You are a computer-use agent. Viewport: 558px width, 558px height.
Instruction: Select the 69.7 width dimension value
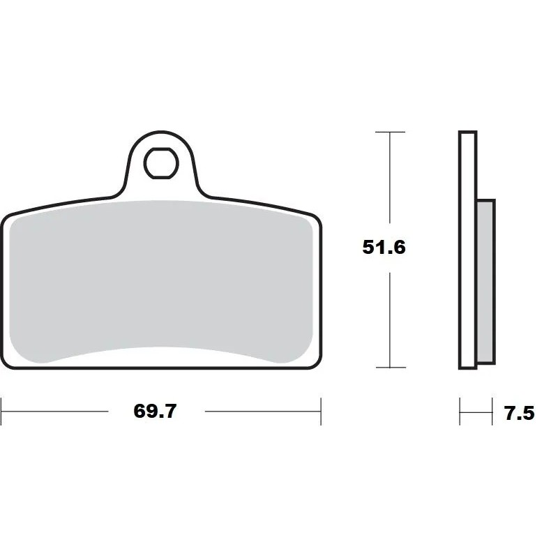156,412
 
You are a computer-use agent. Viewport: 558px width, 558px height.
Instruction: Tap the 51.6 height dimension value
384,247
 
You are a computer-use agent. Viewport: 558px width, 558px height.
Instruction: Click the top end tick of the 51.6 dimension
389,132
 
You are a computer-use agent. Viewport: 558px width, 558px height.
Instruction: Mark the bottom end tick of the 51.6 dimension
389,367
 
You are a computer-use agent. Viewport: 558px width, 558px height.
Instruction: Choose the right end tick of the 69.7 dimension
321,412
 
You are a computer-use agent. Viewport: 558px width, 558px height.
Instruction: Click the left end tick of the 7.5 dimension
460,412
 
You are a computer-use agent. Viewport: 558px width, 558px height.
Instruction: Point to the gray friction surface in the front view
160,279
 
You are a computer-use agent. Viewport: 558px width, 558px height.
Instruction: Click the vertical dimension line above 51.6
389,181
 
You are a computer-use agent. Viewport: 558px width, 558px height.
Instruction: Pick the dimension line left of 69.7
56,412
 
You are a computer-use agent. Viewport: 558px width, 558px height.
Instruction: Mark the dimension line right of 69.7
262,412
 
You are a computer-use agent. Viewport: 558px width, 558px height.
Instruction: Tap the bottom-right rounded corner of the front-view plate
315,363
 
